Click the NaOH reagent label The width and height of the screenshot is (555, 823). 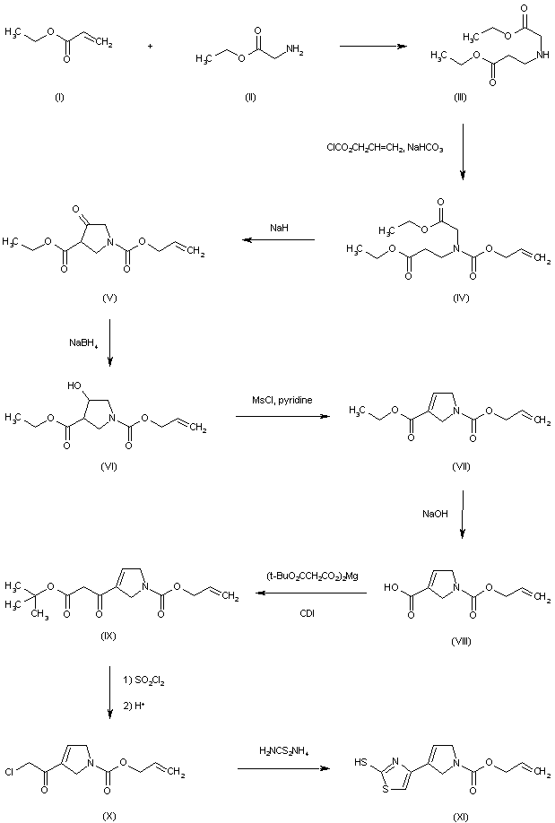tap(435, 514)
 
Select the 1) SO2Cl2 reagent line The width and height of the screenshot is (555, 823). tap(140, 681)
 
